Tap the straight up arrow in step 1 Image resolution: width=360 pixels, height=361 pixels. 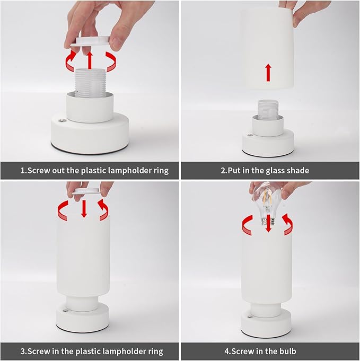pyautogui.click(x=90, y=60)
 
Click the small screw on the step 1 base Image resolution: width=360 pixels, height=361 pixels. pyautogui.click(x=62, y=120)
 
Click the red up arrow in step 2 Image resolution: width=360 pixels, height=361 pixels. pyautogui.click(x=268, y=73)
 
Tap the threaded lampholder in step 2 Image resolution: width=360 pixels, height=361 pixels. pyautogui.click(x=267, y=110)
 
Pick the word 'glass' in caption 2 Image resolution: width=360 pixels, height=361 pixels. pyautogui.click(x=275, y=171)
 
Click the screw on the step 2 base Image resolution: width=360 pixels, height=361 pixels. pyautogui.click(x=249, y=135)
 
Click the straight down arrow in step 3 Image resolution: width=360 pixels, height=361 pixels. pyautogui.click(x=84, y=209)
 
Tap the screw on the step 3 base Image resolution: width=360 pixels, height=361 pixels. pyautogui.click(x=65, y=311)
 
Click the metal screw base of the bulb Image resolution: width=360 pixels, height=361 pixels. pyautogui.click(x=268, y=222)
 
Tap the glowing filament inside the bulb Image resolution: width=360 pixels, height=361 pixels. pyautogui.click(x=267, y=198)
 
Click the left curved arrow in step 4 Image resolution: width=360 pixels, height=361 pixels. pyautogui.click(x=248, y=225)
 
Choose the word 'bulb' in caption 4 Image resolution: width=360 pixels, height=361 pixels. pyautogui.click(x=288, y=351)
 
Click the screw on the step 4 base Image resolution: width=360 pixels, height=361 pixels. pyautogui.click(x=249, y=317)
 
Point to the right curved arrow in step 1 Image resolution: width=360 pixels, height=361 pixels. pyautogui.click(x=111, y=61)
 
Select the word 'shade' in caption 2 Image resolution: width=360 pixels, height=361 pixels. pyautogui.click(x=298, y=171)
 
